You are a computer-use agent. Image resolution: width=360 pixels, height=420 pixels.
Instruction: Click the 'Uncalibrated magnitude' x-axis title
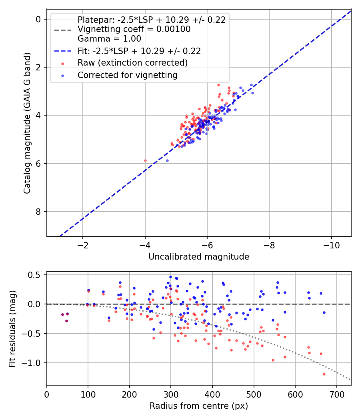click(x=199, y=257)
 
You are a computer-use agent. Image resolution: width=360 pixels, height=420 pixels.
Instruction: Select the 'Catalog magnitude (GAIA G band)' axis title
click(x=27, y=123)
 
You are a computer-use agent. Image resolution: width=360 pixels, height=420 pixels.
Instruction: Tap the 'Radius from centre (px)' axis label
click(x=199, y=406)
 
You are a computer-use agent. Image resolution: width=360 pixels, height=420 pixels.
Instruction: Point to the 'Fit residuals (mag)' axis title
click(x=12, y=328)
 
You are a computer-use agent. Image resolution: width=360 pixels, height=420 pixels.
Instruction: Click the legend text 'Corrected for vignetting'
click(x=128, y=75)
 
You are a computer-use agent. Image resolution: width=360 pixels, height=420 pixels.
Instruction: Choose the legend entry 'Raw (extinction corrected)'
click(x=132, y=63)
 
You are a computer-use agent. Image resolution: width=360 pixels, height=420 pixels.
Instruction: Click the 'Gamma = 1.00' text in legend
click(x=109, y=38)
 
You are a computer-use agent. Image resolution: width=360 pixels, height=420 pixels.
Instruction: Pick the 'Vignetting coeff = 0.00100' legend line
click(x=134, y=29)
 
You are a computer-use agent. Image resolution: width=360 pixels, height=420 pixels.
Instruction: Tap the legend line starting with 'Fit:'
click(x=139, y=51)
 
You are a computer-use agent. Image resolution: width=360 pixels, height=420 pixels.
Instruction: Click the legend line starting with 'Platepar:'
click(x=152, y=20)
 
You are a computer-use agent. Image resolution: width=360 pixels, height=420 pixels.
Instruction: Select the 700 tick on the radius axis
click(x=337, y=394)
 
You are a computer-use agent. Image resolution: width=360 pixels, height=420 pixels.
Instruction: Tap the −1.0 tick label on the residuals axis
click(x=31, y=363)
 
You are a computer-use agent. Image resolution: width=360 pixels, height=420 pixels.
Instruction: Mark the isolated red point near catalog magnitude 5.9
click(x=145, y=161)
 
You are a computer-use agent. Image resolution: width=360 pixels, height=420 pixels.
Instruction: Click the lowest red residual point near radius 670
click(x=324, y=374)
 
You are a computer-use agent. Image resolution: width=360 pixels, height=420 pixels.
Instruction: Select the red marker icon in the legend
click(x=63, y=64)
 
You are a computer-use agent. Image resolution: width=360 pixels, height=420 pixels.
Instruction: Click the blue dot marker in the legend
click(x=63, y=76)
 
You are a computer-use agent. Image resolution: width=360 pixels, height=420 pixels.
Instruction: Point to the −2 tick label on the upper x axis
click(x=83, y=245)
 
